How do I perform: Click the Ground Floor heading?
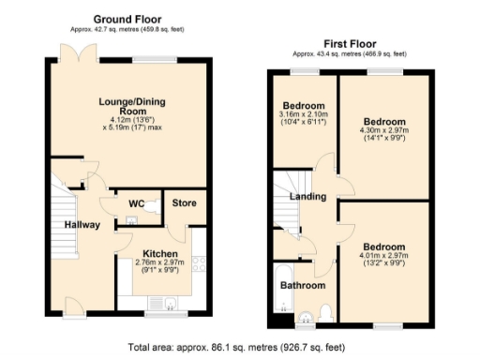(127, 19)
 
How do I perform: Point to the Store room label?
(183, 203)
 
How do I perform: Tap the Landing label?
(307, 197)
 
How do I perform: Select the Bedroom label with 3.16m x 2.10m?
(304, 105)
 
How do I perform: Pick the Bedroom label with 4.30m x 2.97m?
(384, 123)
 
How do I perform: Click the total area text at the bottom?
(240, 346)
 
